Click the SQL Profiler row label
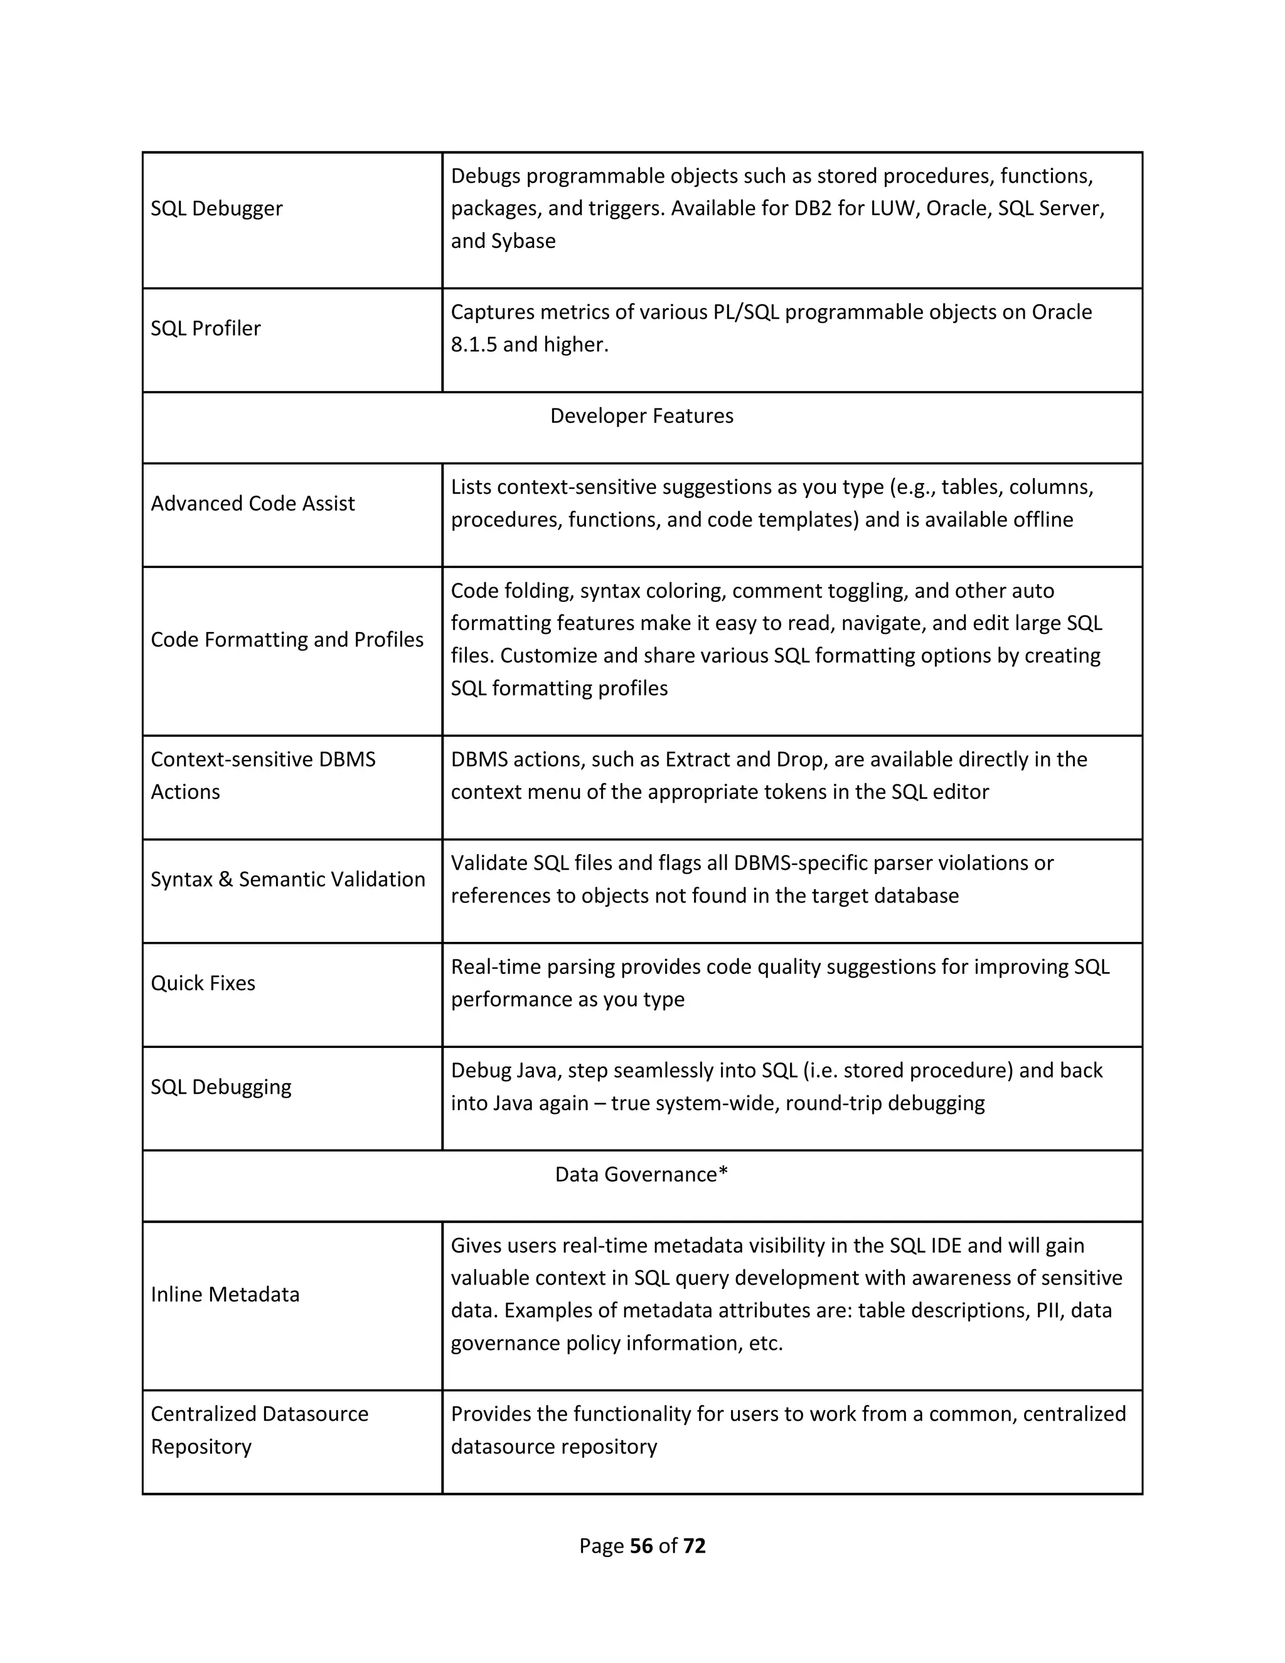click(x=206, y=328)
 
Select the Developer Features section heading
click(x=642, y=415)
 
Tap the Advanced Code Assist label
click(x=253, y=503)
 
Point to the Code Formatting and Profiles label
click(x=287, y=639)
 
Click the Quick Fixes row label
click(x=203, y=983)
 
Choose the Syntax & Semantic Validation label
click(x=288, y=879)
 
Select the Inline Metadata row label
click(x=225, y=1295)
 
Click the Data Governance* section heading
click(x=642, y=1174)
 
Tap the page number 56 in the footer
click(x=642, y=1546)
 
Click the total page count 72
click(x=695, y=1546)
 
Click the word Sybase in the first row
click(x=523, y=242)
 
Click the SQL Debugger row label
click(x=216, y=208)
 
